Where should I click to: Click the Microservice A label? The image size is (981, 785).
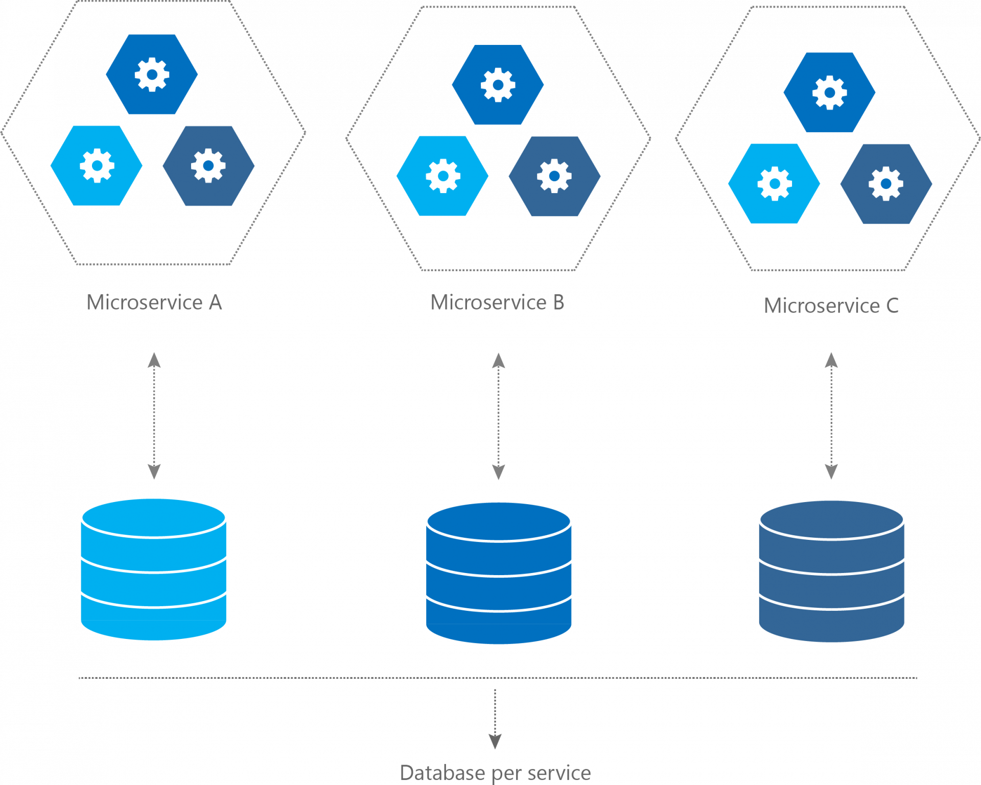[x=154, y=302]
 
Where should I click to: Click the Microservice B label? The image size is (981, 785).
[x=497, y=302]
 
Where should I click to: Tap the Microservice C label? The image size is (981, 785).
[x=831, y=306]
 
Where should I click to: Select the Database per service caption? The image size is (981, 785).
[x=495, y=773]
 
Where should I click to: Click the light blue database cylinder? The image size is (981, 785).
[x=154, y=569]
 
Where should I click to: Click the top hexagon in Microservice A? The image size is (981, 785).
[x=152, y=75]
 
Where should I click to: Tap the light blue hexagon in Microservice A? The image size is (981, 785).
[x=97, y=165]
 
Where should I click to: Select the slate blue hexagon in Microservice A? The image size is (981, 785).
[x=208, y=166]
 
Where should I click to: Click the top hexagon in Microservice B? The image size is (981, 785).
[x=498, y=85]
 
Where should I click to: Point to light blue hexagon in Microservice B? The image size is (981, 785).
[x=442, y=176]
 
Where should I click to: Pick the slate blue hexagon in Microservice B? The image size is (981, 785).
[x=554, y=176]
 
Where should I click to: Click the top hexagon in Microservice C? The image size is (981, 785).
[x=829, y=92]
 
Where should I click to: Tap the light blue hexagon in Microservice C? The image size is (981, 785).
[x=774, y=184]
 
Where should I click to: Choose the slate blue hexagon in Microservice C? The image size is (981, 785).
[x=886, y=184]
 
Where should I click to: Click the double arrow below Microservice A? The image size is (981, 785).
[x=154, y=416]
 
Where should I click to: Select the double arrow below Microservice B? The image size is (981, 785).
[x=498, y=416]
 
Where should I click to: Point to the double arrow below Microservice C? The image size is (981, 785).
[x=831, y=416]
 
